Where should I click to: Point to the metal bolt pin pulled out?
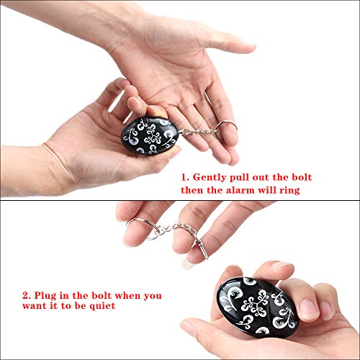click(x=201, y=247)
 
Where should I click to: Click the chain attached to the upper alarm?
click(x=197, y=132)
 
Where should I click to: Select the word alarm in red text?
click(x=240, y=190)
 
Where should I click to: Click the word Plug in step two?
click(x=45, y=296)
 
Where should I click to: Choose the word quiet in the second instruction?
click(x=102, y=306)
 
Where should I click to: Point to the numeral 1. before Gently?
click(x=185, y=178)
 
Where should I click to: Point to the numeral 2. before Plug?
click(x=27, y=295)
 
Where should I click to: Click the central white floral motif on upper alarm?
click(x=152, y=137)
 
